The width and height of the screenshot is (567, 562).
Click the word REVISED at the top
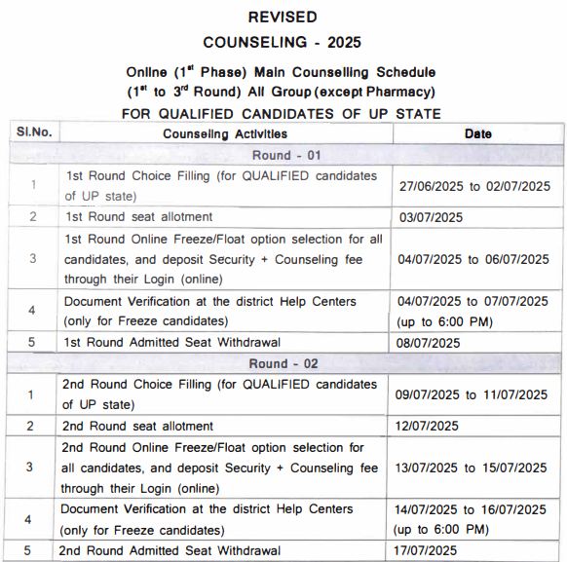click(282, 17)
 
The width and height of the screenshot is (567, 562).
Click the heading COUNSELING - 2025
click(282, 43)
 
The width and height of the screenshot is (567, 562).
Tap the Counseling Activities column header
click(225, 133)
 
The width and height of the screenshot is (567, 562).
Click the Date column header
click(477, 133)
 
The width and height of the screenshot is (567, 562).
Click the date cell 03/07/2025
click(430, 217)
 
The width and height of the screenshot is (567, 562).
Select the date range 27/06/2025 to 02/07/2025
click(476, 186)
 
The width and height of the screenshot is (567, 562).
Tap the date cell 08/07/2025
click(430, 342)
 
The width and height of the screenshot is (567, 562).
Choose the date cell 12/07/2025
click(430, 426)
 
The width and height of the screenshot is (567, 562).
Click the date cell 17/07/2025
click(430, 550)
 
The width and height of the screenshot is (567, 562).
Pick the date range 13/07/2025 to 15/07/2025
click(476, 467)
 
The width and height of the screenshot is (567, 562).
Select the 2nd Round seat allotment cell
click(138, 426)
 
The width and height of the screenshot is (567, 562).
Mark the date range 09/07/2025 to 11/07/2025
click(476, 394)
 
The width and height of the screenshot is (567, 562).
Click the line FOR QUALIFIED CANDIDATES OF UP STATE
click(282, 113)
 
